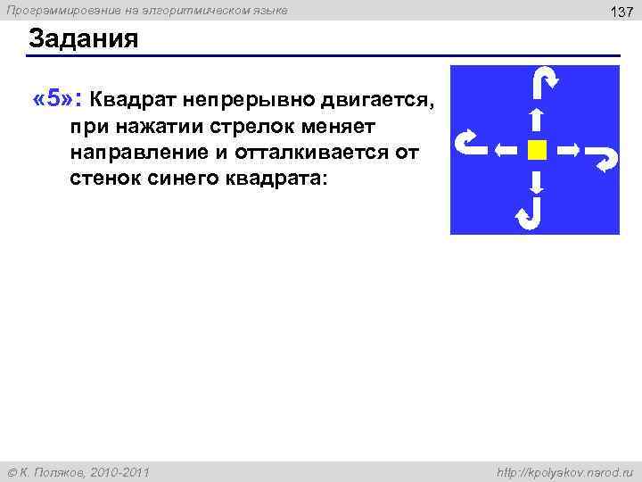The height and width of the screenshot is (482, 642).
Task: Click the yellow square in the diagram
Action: coord(535,150)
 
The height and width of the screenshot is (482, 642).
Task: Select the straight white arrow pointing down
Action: coord(535,181)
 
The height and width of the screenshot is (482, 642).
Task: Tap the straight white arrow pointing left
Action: coord(506,150)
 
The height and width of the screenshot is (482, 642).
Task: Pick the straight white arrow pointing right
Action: coord(567,150)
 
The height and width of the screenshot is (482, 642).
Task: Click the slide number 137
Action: coord(621,12)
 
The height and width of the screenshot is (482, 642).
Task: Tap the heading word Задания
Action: coord(84,40)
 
